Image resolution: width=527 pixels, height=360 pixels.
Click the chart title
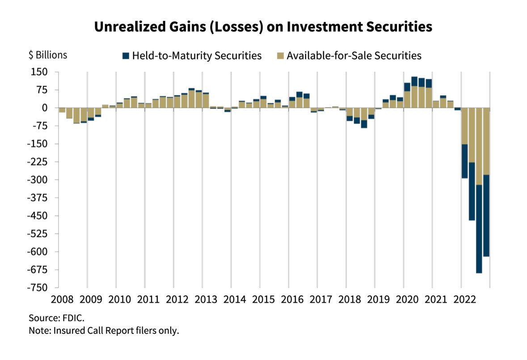(x=263, y=27)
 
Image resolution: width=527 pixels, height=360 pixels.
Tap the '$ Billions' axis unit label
(x=48, y=55)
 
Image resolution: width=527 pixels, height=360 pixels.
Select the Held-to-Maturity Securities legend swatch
(x=126, y=56)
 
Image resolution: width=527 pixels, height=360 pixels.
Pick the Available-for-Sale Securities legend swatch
(x=280, y=56)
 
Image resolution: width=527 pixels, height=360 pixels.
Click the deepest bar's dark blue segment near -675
(x=479, y=229)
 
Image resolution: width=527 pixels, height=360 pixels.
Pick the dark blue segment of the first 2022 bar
(x=465, y=161)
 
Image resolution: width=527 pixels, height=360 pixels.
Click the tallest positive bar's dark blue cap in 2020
(x=414, y=81)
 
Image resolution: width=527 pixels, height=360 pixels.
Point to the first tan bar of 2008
(x=62, y=110)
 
